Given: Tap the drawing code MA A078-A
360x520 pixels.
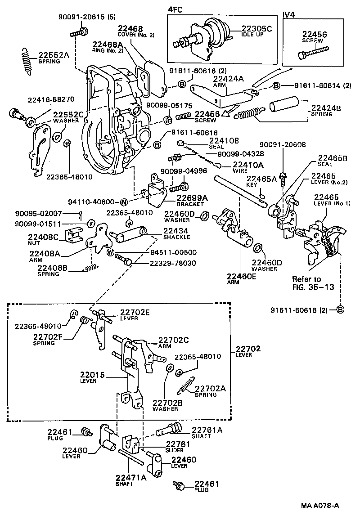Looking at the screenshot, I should click(x=320, y=506).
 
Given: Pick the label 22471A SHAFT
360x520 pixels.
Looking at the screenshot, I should click(x=131, y=481).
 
